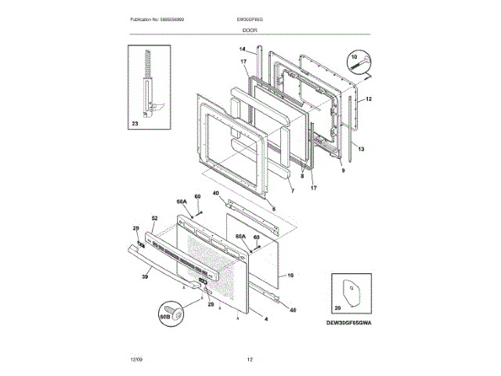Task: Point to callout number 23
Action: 135,124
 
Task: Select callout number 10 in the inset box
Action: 353,57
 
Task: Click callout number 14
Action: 243,49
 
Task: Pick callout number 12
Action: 368,99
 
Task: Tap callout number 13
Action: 361,147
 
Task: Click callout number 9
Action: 342,170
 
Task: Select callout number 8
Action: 301,176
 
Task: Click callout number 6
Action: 272,208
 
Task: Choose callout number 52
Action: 154,217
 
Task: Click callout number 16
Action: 290,275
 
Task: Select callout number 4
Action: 265,319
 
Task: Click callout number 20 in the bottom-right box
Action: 338,310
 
